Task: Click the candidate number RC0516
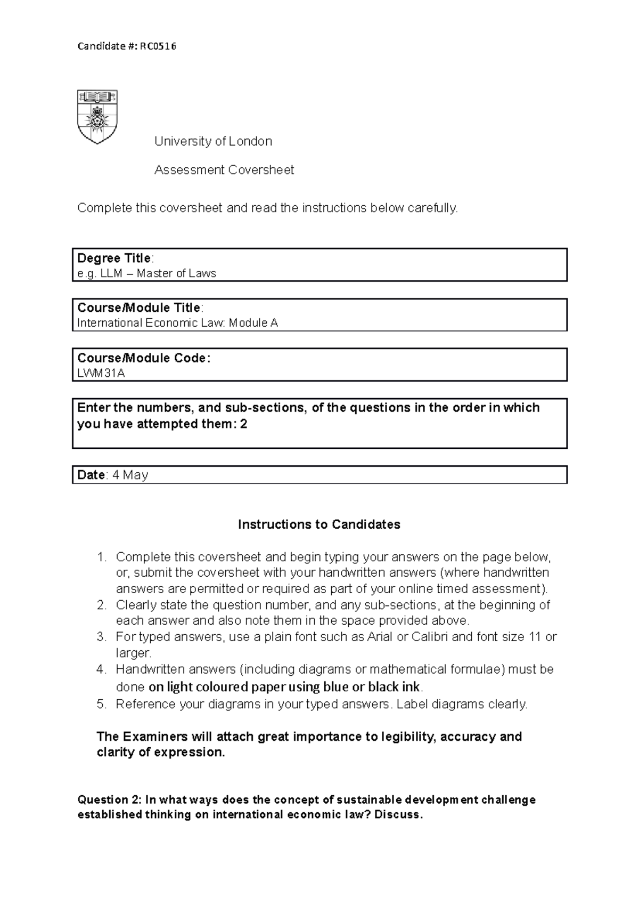point(158,46)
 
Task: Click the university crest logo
point(97,117)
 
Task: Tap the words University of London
point(213,141)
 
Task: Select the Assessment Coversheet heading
point(224,170)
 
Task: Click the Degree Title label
point(114,258)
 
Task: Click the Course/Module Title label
point(138,308)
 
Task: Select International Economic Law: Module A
point(177,323)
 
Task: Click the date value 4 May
point(130,475)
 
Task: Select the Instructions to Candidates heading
point(319,524)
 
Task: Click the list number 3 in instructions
point(101,637)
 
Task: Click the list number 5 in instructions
point(101,705)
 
